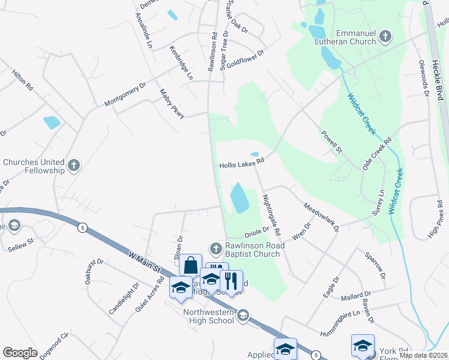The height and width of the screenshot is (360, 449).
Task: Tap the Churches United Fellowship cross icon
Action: tap(74, 165)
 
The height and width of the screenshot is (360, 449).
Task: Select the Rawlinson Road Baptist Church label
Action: tap(252, 250)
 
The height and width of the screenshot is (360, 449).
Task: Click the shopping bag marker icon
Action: tap(191, 265)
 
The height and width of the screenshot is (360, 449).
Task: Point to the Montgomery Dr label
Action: tap(125, 95)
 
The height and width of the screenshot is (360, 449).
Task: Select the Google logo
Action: tap(20, 353)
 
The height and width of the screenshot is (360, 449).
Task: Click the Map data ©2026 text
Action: tap(423, 355)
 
